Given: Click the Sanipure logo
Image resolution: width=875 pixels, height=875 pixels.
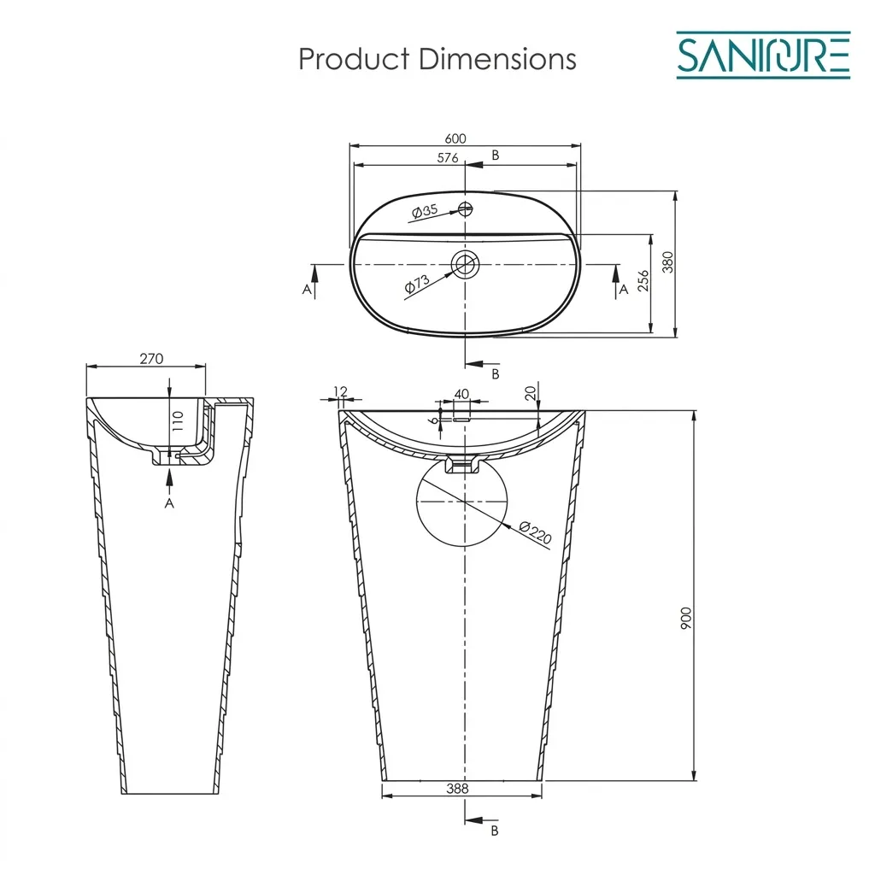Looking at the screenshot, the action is click(763, 55).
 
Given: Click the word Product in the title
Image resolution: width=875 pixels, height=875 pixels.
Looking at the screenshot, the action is click(354, 59).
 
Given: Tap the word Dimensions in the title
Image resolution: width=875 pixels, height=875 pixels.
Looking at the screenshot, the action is click(497, 59).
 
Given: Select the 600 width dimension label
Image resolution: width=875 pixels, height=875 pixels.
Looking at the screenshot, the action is click(455, 138).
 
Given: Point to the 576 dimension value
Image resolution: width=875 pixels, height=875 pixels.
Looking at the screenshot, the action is click(448, 158).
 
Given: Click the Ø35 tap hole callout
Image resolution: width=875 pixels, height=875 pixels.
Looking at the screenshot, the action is click(425, 211).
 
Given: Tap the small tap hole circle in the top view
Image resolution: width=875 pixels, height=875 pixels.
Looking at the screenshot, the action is click(466, 208).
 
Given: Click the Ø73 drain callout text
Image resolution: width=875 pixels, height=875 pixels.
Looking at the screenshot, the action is click(417, 284).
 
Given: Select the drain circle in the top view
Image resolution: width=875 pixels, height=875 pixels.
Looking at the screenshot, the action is click(466, 264).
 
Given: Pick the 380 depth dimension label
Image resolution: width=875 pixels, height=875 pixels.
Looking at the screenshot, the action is click(667, 262).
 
